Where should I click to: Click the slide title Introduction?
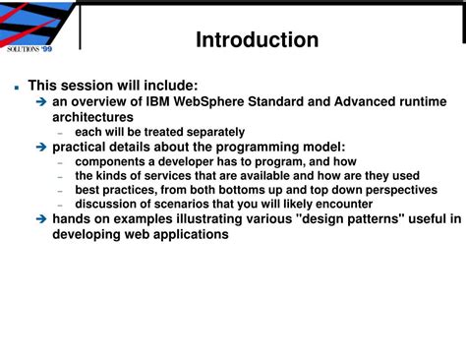coord(257,39)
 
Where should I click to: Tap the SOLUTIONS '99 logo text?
coord(29,48)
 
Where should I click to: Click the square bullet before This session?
coord(16,87)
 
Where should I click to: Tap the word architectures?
coord(92,116)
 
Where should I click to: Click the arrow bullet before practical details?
coord(41,147)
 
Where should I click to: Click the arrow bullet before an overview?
coord(41,101)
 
